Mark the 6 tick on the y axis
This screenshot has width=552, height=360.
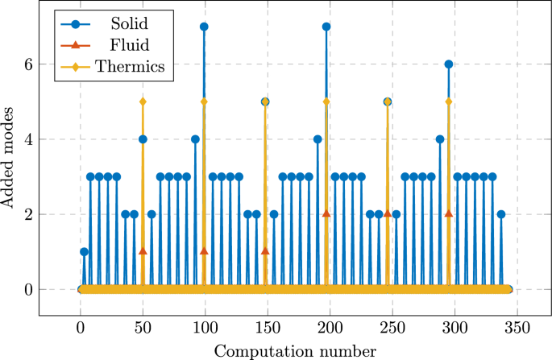27,64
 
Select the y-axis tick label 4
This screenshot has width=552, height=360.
27,139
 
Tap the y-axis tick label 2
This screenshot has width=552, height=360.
27,215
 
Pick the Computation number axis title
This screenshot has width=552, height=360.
294,350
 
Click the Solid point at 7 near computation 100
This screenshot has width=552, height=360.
204,27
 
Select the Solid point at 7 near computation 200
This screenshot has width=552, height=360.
326,27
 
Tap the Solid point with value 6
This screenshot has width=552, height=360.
448,64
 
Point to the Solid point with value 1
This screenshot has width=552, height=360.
84,252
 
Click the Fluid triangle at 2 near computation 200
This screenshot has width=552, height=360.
326,213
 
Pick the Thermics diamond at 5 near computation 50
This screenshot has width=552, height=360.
143,101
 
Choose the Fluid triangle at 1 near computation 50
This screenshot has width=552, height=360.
143,251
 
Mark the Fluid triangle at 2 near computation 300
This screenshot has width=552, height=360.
448,213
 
